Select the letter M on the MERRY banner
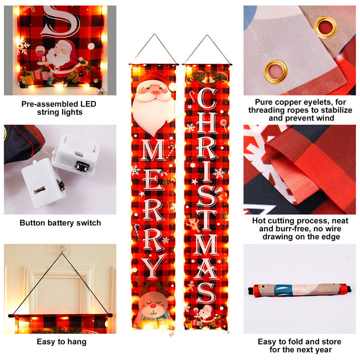153,151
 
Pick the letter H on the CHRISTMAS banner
207,128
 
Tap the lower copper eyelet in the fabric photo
275,71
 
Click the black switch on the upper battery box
82,167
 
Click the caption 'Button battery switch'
60,223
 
